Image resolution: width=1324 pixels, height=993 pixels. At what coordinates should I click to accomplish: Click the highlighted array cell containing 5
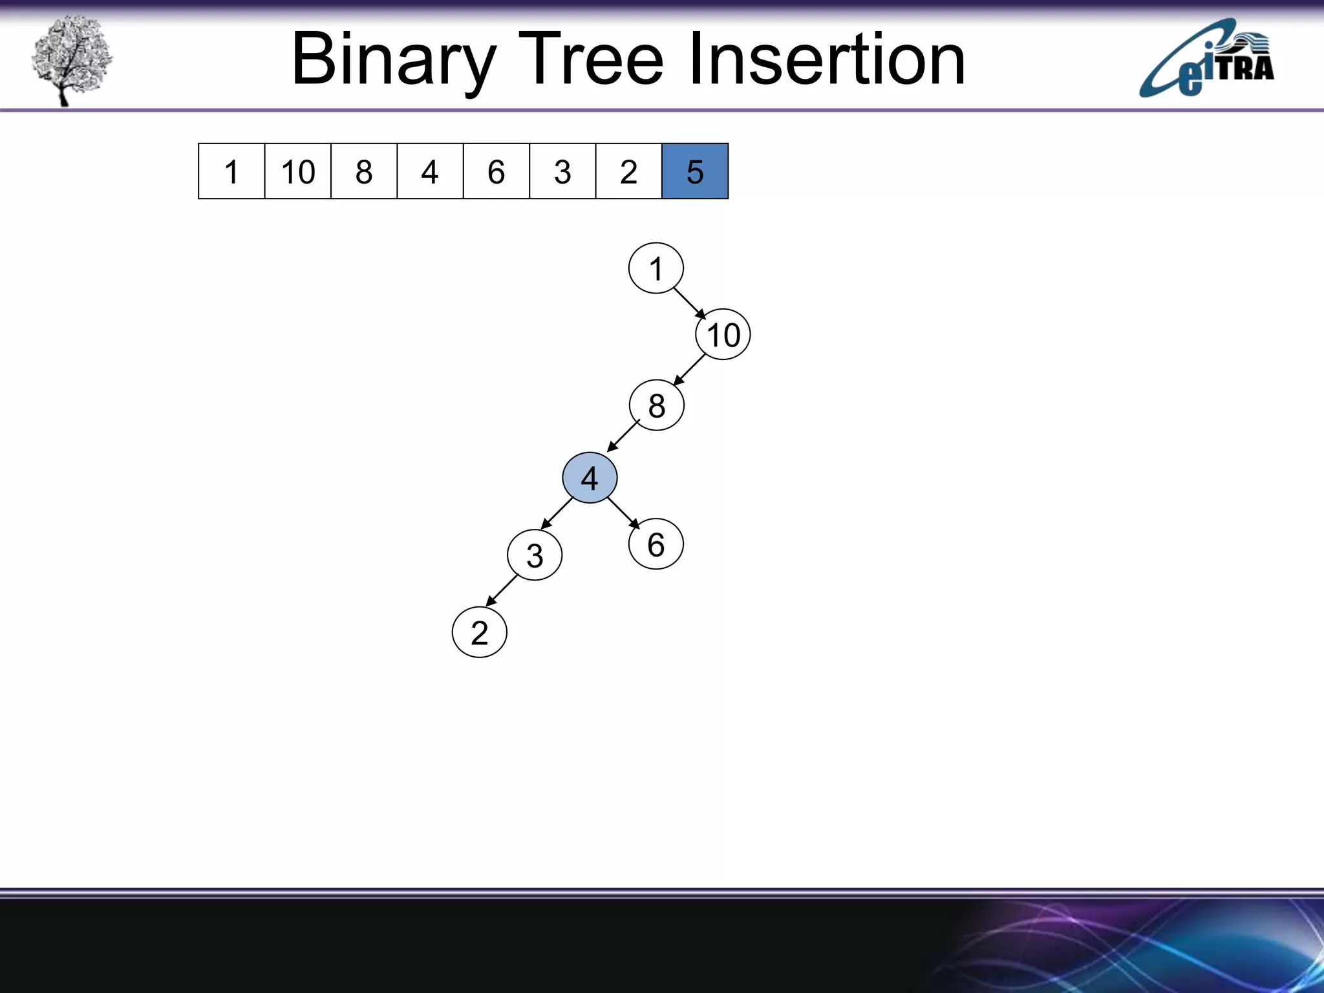(x=695, y=171)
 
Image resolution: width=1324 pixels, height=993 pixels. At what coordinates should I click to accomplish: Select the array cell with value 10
(x=298, y=171)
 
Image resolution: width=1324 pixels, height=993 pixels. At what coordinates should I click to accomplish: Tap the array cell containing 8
(x=364, y=171)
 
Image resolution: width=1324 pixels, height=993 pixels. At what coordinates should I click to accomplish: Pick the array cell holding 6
(x=496, y=171)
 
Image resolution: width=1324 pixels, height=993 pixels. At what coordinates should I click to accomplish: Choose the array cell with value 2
(x=628, y=171)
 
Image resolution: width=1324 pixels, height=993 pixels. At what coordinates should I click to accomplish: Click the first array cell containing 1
(x=231, y=171)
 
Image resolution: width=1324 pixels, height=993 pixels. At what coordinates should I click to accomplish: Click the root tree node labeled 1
(x=656, y=268)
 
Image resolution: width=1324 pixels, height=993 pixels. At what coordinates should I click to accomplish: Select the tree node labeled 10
(x=723, y=334)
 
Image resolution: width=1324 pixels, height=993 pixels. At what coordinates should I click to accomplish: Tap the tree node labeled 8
(x=656, y=405)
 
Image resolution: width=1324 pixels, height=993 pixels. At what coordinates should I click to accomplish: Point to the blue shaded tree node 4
(x=590, y=478)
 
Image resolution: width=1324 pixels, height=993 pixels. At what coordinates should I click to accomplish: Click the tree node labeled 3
(x=535, y=555)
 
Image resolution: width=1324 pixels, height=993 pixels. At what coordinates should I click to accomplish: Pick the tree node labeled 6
(x=656, y=544)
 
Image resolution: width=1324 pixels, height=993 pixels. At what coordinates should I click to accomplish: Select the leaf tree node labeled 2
(x=479, y=632)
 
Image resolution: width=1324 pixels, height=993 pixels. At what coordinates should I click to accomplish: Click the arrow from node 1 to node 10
(x=690, y=303)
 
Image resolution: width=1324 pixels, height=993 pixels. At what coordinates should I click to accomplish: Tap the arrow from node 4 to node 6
(x=623, y=513)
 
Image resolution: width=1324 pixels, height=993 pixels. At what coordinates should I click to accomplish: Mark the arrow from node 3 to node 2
(x=502, y=590)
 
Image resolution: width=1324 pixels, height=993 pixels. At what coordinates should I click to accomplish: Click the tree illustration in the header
(x=71, y=59)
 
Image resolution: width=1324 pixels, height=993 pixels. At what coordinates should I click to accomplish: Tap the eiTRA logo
(x=1206, y=59)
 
